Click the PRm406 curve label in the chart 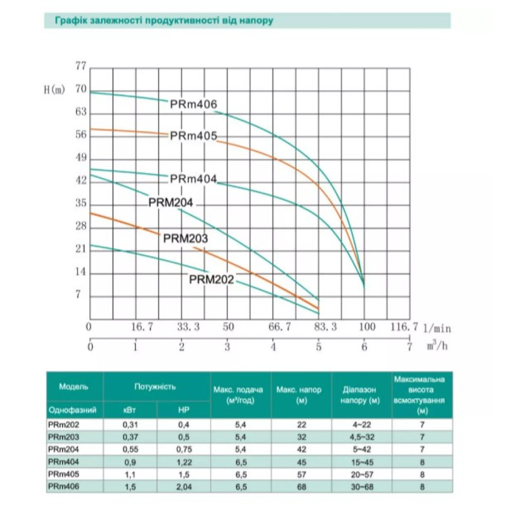pyautogui.click(x=193, y=104)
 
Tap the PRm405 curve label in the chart pyautogui.click(x=193, y=136)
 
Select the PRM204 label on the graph pyautogui.click(x=171, y=203)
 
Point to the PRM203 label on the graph pyautogui.click(x=186, y=238)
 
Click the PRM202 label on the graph pyautogui.click(x=212, y=280)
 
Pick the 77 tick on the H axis pyautogui.click(x=81, y=66)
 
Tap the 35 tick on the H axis pyautogui.click(x=81, y=203)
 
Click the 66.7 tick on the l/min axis pyautogui.click(x=280, y=326)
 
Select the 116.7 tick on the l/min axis pyautogui.click(x=404, y=326)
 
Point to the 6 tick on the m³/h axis pyautogui.click(x=364, y=347)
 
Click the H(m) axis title pyautogui.click(x=55, y=89)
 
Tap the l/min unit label pyautogui.click(x=437, y=328)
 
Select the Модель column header pyautogui.click(x=73, y=387)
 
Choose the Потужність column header pyautogui.click(x=155, y=387)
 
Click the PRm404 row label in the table pyautogui.click(x=64, y=462)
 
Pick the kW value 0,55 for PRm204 pyautogui.click(x=130, y=449)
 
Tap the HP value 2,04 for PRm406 pyautogui.click(x=184, y=487)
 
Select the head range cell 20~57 pyautogui.click(x=362, y=475)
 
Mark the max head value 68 pyautogui.click(x=302, y=487)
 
